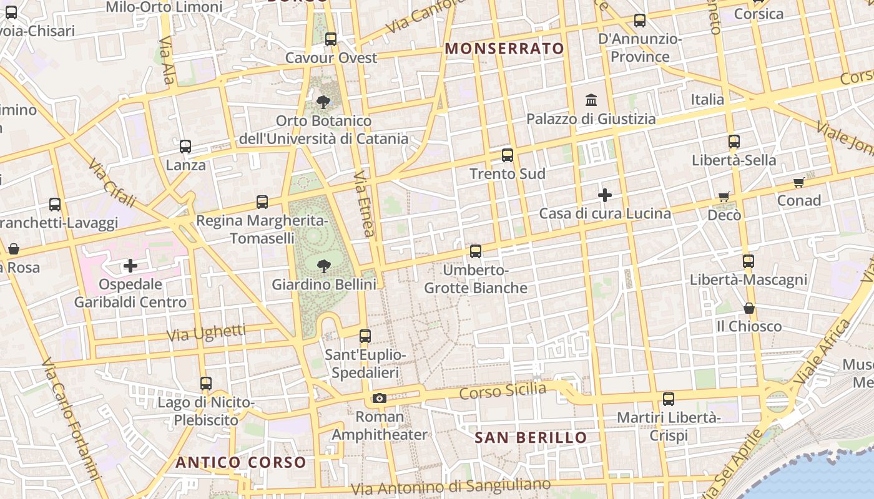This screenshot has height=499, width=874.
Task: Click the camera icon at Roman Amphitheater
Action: (x=379, y=399)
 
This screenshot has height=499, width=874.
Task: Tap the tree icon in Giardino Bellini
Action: (x=323, y=266)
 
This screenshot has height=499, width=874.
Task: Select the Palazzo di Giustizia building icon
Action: (x=591, y=100)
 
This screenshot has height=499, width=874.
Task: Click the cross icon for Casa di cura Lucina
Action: (x=604, y=195)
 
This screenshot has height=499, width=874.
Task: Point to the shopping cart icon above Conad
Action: (x=798, y=183)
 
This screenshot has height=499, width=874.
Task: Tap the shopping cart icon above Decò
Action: (x=724, y=197)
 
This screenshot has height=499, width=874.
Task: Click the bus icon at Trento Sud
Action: (x=508, y=155)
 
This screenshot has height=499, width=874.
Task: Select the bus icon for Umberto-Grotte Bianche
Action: (x=476, y=251)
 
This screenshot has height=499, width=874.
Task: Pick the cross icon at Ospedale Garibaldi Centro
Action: (x=130, y=266)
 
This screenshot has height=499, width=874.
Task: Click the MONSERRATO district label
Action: (x=504, y=49)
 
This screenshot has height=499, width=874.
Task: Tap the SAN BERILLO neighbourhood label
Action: (x=531, y=438)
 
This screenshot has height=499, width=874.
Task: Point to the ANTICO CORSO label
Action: (x=241, y=463)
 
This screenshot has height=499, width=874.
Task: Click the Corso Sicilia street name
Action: (x=503, y=392)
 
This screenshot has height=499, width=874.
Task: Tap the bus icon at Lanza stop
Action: (x=185, y=147)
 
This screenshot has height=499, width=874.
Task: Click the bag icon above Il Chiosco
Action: (x=749, y=308)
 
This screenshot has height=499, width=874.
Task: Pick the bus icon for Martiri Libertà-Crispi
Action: (x=669, y=399)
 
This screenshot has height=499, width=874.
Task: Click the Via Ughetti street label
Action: (x=206, y=333)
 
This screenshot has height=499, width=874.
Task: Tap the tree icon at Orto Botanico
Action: (x=323, y=102)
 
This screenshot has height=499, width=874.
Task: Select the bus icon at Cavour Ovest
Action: (x=331, y=39)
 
